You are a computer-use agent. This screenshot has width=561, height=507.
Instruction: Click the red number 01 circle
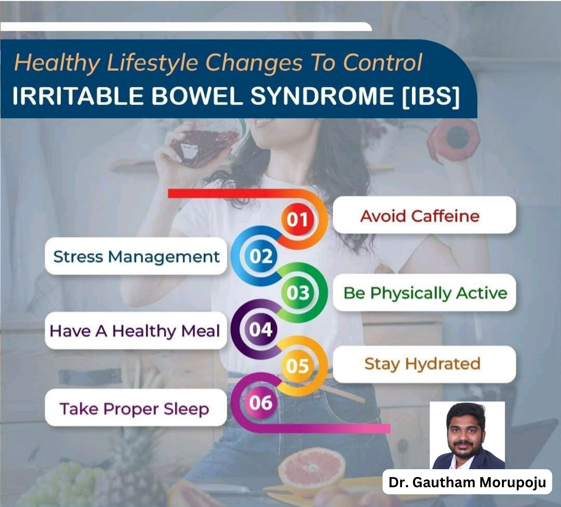tap(298, 219)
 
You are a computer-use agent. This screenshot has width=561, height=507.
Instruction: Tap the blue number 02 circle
tap(261, 256)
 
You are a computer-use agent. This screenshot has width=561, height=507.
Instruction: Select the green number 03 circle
tap(298, 293)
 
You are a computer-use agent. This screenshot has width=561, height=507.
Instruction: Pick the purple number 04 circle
tap(261, 330)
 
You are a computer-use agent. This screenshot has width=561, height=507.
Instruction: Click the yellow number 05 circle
tap(298, 366)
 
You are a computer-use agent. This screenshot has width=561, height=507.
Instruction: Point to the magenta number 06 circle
tap(261, 402)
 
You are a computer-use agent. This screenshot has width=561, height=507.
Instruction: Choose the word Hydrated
tap(443, 364)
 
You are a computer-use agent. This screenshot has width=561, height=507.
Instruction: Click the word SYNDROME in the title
tap(322, 96)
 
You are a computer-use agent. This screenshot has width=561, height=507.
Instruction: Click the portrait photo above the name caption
tap(467, 435)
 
